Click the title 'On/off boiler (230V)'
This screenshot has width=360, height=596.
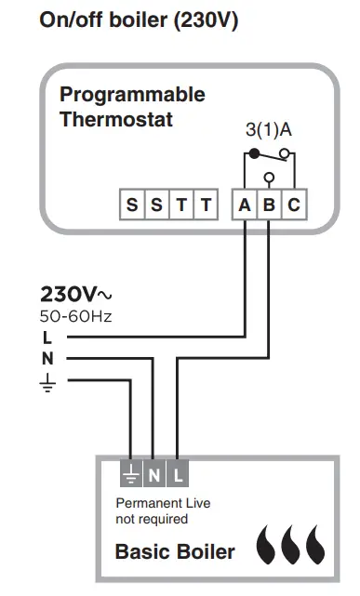pos(139,20)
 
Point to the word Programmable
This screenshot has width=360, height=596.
pos(132,95)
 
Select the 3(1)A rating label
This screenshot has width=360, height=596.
pos(269,130)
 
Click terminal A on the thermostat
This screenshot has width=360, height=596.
pos(244,205)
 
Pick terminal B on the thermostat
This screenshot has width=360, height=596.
pos(268,205)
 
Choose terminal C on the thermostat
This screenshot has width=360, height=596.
pos(293,205)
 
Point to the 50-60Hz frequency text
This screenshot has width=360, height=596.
pos(75,316)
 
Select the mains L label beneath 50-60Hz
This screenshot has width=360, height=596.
pos(47,337)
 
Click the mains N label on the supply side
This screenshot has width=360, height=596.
pos(47,358)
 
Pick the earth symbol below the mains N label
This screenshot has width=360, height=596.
pos(47,381)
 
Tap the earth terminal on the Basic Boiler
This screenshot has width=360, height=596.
pos(130,477)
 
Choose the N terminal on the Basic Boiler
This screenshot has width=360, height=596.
pos(153,477)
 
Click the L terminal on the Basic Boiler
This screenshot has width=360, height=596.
pos(178,477)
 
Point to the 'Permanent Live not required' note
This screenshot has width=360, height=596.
pos(163,510)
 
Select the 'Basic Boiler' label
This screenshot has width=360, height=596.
pos(175,552)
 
